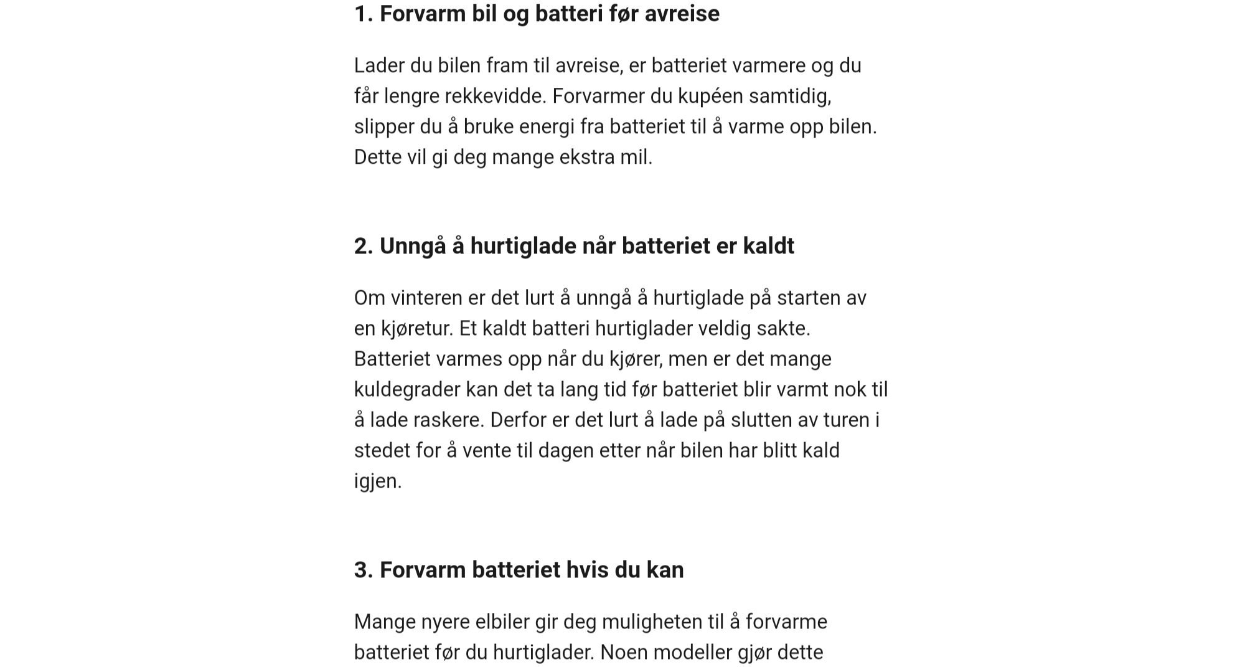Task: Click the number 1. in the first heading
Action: click(x=364, y=14)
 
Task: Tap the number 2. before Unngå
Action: click(x=364, y=246)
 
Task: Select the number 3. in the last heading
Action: click(x=364, y=570)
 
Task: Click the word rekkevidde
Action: click(x=494, y=96)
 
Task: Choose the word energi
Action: click(x=547, y=126)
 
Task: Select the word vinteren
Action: click(x=426, y=298)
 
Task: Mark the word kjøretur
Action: click(x=416, y=328)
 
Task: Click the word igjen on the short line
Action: click(x=377, y=481)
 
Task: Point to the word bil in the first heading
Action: click(x=484, y=14)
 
